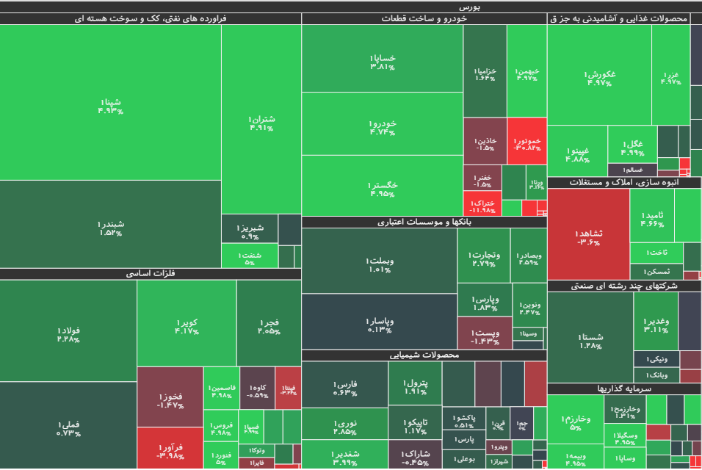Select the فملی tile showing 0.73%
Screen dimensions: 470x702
(x=68, y=426)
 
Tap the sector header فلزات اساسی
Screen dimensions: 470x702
(x=151, y=274)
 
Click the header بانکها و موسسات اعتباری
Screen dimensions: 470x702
(x=424, y=222)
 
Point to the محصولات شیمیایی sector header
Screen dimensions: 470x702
(x=424, y=355)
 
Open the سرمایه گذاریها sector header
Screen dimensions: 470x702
(x=624, y=388)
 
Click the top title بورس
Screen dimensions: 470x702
(x=350, y=7)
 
